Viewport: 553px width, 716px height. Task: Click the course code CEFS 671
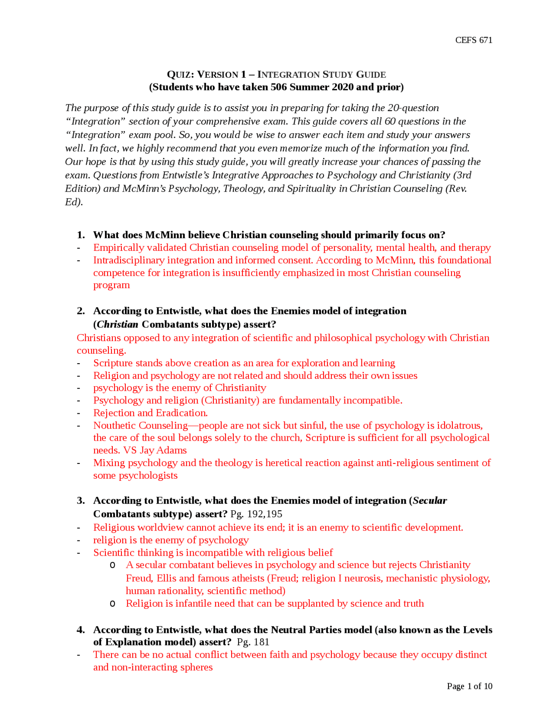tap(474, 40)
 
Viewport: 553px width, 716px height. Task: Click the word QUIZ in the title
tap(178, 74)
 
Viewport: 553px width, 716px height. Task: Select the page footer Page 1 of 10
tap(469, 686)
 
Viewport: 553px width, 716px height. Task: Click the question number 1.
tap(80, 235)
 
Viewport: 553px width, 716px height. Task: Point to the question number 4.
tap(80, 630)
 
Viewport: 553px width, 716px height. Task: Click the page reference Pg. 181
tap(253, 642)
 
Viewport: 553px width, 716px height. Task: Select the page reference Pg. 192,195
tap(256, 514)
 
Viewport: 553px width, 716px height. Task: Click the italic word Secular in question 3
tap(429, 501)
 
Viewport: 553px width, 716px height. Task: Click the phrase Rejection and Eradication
tap(150, 413)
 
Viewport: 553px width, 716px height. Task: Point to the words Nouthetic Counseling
tap(140, 425)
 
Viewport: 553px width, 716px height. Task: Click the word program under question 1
tap(111, 285)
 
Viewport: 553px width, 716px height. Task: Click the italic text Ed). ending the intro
tap(73, 202)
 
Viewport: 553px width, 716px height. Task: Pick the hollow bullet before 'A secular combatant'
tap(113, 565)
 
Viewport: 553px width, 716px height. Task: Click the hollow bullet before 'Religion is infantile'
tap(113, 604)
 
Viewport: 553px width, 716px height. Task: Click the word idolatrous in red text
tap(460, 425)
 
